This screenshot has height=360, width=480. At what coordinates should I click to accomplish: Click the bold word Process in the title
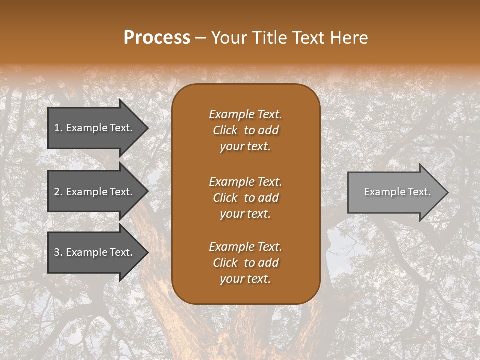pos(157,37)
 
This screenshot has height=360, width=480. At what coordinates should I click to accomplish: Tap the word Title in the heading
pos(269,38)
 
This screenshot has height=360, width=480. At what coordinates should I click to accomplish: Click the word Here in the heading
pos(348,38)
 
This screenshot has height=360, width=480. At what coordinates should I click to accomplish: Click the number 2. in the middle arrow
pos(58,192)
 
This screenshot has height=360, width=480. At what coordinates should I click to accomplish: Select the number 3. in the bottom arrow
pos(58,252)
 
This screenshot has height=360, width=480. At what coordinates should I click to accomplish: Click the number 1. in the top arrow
pos(58,128)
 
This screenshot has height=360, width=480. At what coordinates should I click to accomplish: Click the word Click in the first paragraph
pos(225,131)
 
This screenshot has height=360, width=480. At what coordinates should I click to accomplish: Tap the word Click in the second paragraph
pos(225,198)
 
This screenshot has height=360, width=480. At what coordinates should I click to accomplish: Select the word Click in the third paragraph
pos(225,263)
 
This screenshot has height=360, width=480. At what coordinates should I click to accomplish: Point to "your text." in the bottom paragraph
pos(245,279)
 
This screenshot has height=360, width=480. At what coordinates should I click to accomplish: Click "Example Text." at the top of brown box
pos(245,114)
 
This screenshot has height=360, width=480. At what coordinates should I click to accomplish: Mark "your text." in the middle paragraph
pos(245,214)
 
